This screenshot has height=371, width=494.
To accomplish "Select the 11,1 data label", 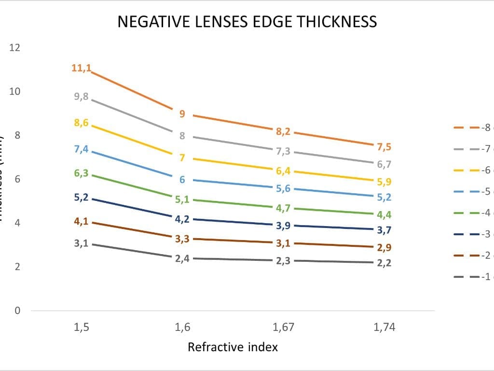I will pos(81,68).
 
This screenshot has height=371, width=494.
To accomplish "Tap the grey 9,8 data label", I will pos(81,97).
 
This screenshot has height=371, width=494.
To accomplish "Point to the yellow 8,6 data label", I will pos(81,123).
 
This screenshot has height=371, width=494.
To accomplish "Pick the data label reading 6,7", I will pos(384,165).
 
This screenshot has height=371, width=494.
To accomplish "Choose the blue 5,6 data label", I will pos(283,188).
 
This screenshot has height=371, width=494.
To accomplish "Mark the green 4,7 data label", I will pos(283,208).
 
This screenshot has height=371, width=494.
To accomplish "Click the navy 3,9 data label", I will pos(283,226).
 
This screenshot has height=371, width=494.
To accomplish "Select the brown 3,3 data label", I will pos(182,239).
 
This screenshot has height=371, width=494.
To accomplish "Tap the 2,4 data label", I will pos(182,258).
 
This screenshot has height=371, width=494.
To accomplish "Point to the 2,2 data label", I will pos(384,263).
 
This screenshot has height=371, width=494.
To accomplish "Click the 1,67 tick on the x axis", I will pos(283,328).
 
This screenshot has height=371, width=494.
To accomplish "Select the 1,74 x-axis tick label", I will pos(384,328).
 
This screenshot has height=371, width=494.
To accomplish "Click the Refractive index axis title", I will pos(233,347).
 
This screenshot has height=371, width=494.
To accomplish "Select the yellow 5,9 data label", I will pos(384,182).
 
